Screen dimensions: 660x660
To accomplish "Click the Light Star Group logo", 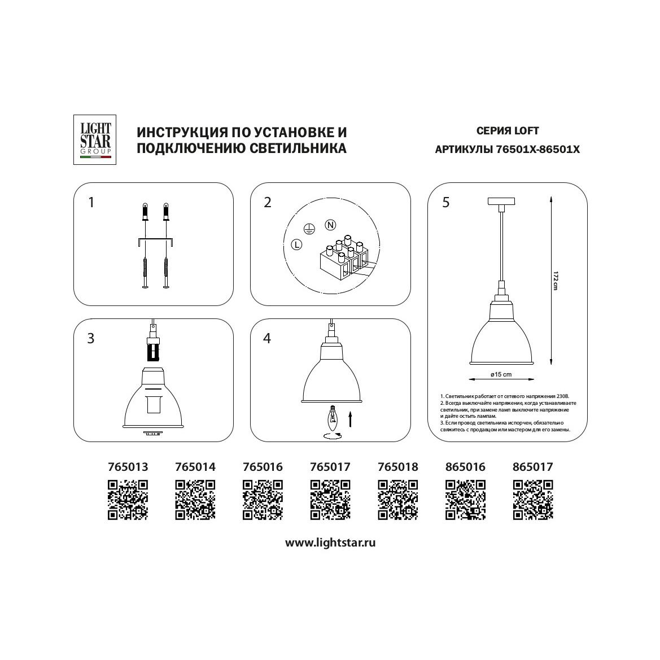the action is (95, 140).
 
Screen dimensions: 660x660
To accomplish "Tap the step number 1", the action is (91, 203).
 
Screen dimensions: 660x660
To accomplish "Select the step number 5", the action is (446, 203).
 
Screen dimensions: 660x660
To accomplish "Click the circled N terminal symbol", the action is (330, 225).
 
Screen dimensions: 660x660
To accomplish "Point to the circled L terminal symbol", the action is (297, 244).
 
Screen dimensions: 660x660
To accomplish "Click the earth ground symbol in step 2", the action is (309, 229).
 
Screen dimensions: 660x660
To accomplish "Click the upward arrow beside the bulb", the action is (350, 419).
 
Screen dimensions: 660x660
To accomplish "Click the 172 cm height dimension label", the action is (555, 280).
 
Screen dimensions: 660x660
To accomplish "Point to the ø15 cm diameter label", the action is (501, 374).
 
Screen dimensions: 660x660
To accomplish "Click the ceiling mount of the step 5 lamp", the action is (501, 201).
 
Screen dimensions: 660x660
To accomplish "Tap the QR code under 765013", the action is (128, 500).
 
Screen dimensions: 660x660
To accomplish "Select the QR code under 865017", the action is (533, 500).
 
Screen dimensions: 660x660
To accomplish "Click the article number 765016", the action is (263, 467).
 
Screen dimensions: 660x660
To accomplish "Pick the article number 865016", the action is (465, 467).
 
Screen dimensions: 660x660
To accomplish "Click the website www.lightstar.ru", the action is (330, 543).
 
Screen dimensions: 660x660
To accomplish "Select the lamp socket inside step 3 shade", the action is (153, 404).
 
